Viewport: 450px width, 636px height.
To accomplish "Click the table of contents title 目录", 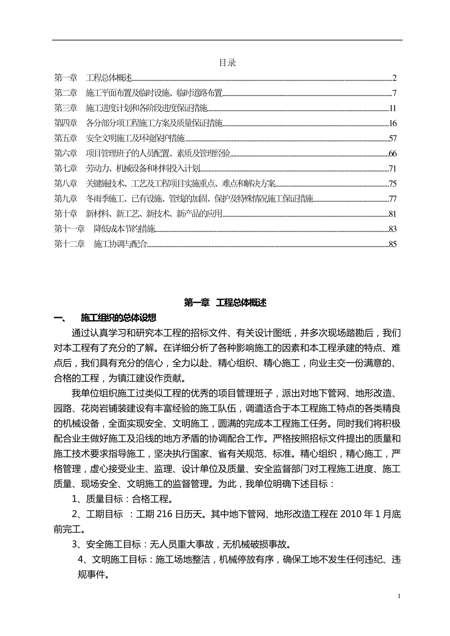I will (x=227, y=62).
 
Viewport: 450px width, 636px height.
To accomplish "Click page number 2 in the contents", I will (x=394, y=78).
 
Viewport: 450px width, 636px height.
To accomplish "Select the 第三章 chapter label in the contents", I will (x=65, y=108).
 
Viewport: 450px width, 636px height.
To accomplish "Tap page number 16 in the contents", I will (x=392, y=124).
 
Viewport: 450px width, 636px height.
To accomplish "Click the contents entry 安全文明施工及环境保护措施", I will (x=135, y=139).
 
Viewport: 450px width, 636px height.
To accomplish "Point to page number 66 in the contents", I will (x=392, y=154).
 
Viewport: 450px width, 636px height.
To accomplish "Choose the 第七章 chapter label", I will (x=65, y=168).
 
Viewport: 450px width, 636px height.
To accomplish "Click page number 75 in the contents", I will (x=392, y=184).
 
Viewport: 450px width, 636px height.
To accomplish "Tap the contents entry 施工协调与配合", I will (x=121, y=244).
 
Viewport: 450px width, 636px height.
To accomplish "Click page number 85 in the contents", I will (x=392, y=244).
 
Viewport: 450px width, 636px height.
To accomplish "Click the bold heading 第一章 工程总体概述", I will (x=225, y=303).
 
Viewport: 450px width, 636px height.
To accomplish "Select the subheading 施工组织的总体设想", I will (x=118, y=318).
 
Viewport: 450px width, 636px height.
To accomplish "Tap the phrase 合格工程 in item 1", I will (x=149, y=499).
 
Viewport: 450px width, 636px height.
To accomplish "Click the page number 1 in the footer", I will (x=399, y=596).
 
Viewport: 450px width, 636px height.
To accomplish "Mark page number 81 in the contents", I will (x=392, y=214).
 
